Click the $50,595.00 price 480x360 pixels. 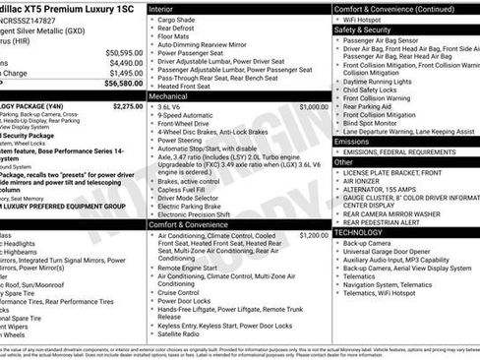pos(124,52)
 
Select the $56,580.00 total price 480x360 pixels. pos(124,84)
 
